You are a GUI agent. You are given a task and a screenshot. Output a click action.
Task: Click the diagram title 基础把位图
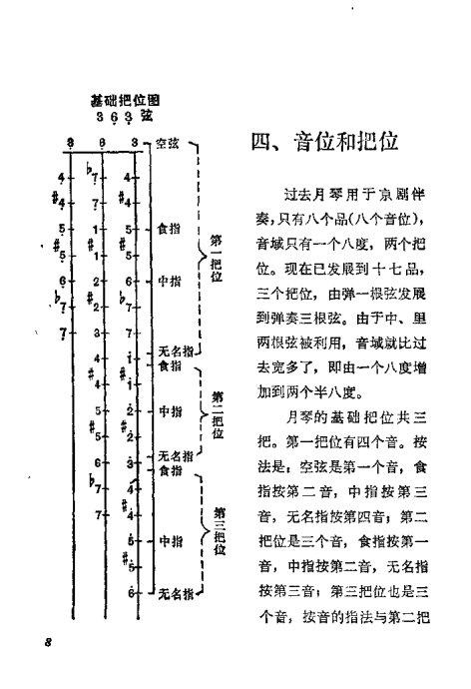125,100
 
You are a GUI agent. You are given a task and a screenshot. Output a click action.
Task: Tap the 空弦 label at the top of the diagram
167,144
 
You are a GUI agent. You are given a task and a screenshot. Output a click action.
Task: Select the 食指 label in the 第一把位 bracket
169,228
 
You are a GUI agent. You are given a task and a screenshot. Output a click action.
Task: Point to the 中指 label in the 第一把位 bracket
169,281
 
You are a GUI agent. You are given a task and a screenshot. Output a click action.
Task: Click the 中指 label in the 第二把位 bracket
169,410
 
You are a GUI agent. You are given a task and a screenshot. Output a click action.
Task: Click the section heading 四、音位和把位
324,142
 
